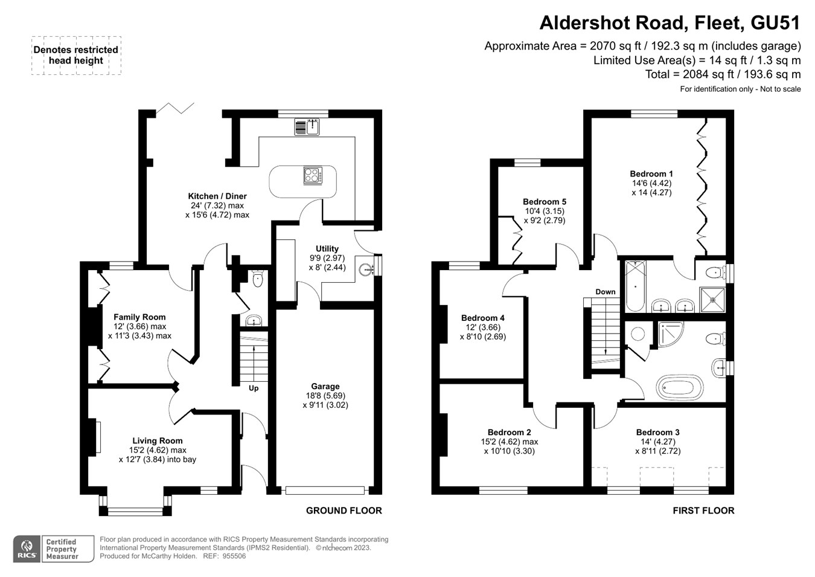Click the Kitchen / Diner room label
(x=217, y=196)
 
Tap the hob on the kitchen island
(x=312, y=175)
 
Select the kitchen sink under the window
(x=307, y=127)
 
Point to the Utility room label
(x=327, y=249)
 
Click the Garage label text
(x=325, y=387)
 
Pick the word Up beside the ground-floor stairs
(x=254, y=388)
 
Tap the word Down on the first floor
(x=606, y=292)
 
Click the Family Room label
(x=139, y=317)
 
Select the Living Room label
(x=158, y=441)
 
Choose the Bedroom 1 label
(x=651, y=174)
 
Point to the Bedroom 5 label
(x=545, y=202)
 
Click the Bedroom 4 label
(x=482, y=318)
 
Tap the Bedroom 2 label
(x=510, y=433)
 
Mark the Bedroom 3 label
(x=657, y=433)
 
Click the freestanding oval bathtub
(x=680, y=387)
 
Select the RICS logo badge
(x=27, y=549)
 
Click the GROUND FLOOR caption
(x=344, y=511)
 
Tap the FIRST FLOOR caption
(x=703, y=511)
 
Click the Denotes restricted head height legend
(x=76, y=55)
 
